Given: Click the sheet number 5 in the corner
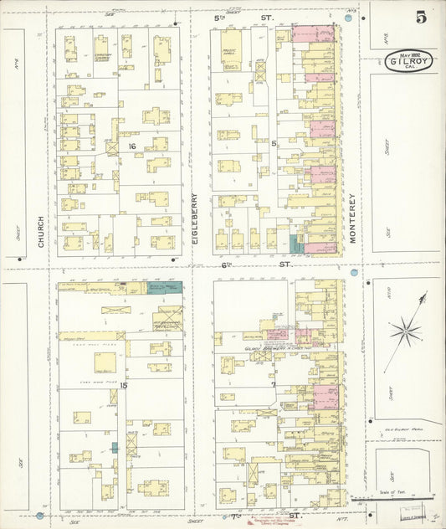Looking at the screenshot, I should pos(418,15).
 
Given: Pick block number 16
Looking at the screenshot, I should pos(132,146).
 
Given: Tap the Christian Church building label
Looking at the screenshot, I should pos(102,57).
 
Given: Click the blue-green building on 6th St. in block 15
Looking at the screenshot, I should pos(164,287).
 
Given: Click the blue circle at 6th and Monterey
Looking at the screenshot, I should pos(354,273).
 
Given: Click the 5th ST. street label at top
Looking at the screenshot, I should pos(243,17).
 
